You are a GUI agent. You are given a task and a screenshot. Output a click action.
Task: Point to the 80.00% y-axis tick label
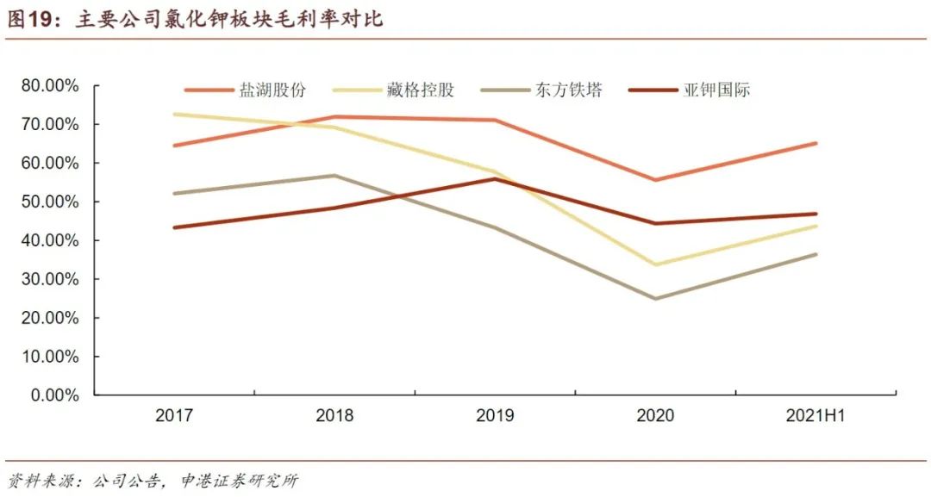(50, 86)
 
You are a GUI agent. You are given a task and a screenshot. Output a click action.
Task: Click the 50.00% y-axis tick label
(50, 202)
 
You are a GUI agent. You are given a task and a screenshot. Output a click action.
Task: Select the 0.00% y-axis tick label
(54, 395)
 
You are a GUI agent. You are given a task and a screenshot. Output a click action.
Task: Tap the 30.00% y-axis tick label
(50, 279)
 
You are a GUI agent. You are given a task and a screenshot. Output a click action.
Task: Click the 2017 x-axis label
(174, 416)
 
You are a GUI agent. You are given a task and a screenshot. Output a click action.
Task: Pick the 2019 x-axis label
(495, 416)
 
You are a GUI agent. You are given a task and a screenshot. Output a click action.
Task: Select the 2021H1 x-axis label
(815, 416)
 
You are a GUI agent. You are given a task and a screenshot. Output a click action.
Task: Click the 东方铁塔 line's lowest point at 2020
(655, 299)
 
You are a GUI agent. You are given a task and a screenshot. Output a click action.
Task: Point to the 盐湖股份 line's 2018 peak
(334, 116)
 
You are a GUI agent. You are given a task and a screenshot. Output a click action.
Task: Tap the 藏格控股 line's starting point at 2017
(175, 114)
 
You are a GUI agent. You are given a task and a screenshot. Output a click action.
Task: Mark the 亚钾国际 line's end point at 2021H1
(815, 214)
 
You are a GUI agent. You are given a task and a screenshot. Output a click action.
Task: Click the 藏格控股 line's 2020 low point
(655, 264)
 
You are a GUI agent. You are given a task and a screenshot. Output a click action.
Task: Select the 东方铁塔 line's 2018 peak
(334, 176)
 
